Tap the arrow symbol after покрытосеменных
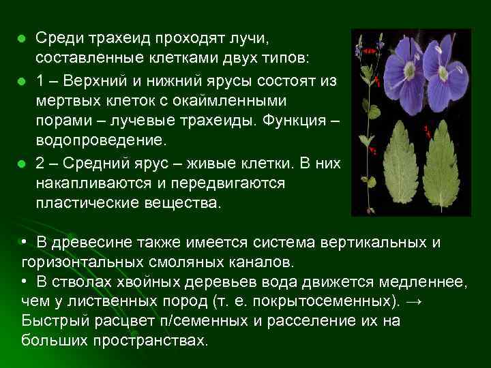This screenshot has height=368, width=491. [413, 301]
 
